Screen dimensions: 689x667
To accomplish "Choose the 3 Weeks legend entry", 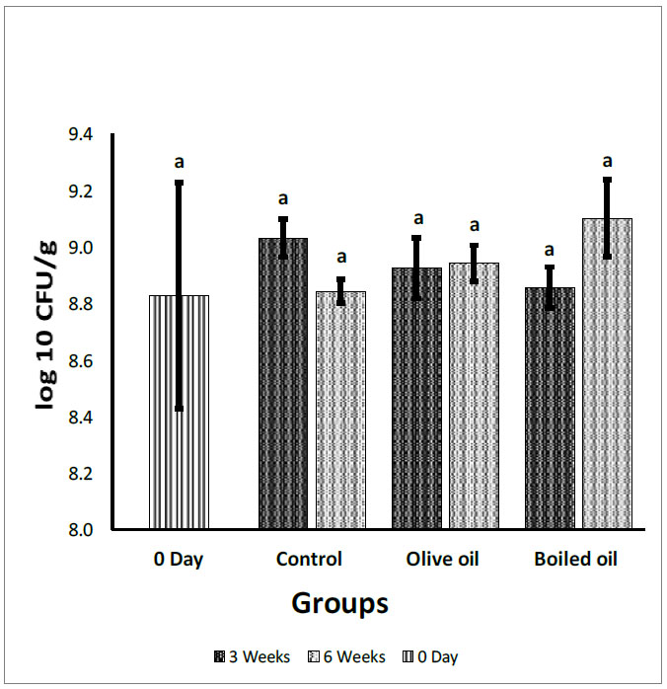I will [251, 656].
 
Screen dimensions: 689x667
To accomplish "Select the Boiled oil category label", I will [575, 560].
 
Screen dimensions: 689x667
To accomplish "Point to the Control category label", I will [309, 560].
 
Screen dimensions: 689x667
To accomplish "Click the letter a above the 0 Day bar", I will [180, 162].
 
